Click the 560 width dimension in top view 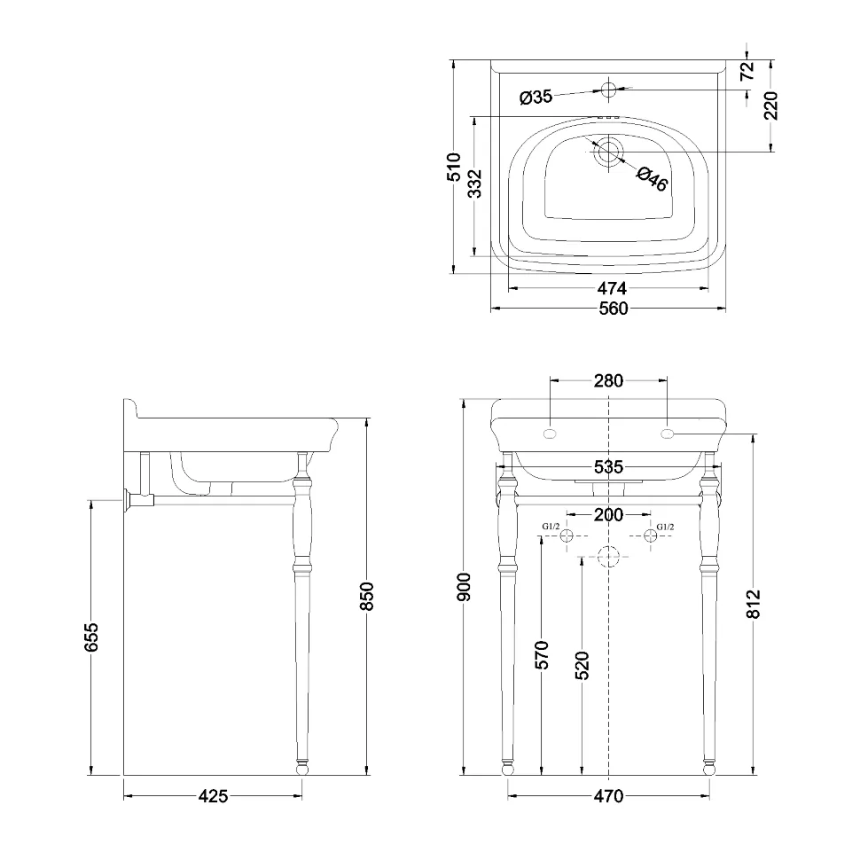[x=613, y=309]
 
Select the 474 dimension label [x=612, y=288]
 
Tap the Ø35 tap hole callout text [x=536, y=98]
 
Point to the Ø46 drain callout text [x=653, y=179]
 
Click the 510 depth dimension [x=454, y=167]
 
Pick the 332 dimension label [x=475, y=184]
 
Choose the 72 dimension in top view [x=747, y=71]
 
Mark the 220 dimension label [x=770, y=106]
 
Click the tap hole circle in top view [x=609, y=89]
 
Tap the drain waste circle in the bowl [x=608, y=152]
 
